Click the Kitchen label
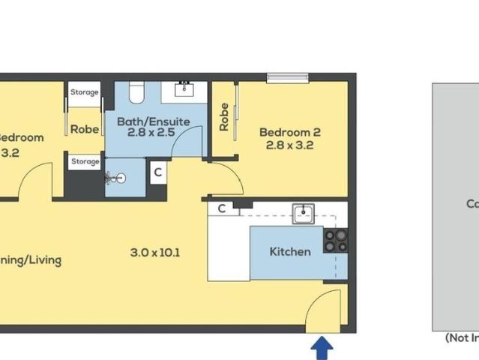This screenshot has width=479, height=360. click(x=289, y=251)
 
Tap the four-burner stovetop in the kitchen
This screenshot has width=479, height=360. click(x=335, y=240)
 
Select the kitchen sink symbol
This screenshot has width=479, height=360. click(x=304, y=214)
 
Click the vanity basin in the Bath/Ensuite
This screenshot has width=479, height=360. click(x=184, y=90)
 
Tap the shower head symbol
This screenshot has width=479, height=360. click(x=115, y=178)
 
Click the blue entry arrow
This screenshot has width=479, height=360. click(x=322, y=347)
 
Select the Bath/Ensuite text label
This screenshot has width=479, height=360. click(x=154, y=121)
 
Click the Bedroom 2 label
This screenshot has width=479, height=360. click(x=289, y=133)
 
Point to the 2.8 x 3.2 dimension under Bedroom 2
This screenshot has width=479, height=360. click(x=289, y=145)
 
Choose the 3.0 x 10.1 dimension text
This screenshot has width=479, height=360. click(x=155, y=252)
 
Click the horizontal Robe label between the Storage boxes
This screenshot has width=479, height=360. click(x=85, y=129)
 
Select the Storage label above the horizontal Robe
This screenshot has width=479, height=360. click(x=85, y=92)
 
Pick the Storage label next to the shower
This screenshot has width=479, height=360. click(x=85, y=161)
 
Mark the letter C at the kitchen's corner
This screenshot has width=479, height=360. click(x=223, y=209)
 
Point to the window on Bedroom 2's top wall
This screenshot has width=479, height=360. click(x=287, y=76)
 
